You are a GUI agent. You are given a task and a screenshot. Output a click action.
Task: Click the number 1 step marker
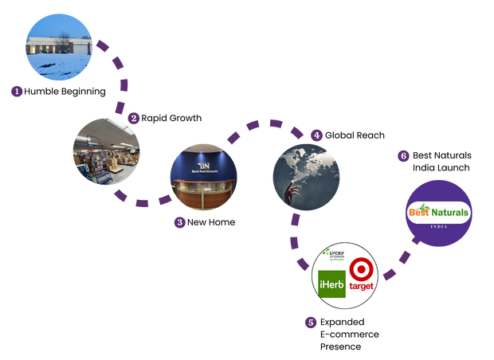17,91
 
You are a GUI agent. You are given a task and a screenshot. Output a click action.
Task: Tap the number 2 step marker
133,118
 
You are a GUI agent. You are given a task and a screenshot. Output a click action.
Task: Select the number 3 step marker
180,222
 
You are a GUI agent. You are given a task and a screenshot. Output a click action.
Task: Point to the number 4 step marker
316,135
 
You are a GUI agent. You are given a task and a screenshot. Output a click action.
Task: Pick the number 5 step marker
311,323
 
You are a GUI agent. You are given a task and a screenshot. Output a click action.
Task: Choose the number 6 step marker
404,155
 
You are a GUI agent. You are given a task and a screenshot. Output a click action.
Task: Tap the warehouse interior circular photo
106,151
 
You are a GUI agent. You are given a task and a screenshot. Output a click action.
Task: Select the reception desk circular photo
203,177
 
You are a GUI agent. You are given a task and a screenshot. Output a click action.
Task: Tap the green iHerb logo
331,284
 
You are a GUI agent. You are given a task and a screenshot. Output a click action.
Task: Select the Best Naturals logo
438,213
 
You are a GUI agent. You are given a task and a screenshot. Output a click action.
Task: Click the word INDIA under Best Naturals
438,227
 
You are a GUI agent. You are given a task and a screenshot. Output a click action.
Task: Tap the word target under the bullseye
361,286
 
